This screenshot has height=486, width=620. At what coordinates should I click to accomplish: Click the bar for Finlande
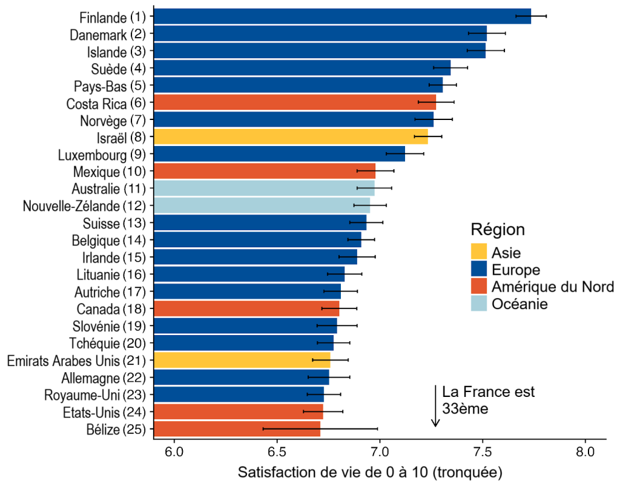[342, 16]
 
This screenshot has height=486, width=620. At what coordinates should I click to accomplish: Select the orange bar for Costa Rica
[295, 102]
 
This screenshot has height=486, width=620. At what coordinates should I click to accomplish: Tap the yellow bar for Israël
[291, 137]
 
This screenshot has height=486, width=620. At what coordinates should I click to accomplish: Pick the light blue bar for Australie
[264, 188]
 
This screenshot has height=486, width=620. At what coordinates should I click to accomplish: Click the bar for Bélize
[237, 430]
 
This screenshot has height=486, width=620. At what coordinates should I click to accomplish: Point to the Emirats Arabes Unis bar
[242, 361]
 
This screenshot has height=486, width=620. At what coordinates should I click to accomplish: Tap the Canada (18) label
[112, 310]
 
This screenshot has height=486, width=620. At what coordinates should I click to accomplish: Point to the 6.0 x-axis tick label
[174, 452]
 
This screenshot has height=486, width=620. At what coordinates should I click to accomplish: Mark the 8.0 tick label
[585, 452]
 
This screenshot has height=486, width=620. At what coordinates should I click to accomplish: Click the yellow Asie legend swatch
[479, 253]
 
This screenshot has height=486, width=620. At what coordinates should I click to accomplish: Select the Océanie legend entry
[519, 304]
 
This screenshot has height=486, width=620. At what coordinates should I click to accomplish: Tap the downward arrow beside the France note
[435, 406]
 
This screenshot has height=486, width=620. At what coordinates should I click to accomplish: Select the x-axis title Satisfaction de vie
[370, 472]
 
